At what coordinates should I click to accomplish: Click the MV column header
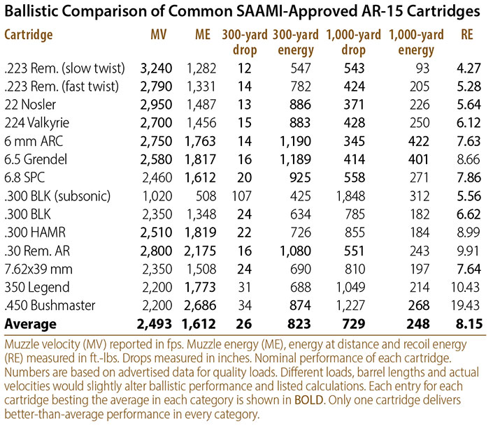(159, 34)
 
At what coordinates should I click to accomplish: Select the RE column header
(467, 34)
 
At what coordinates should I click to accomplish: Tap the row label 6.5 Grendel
(36, 159)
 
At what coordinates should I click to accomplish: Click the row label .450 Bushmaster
(50, 305)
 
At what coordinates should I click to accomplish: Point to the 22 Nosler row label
(30, 105)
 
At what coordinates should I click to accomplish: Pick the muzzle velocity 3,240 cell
(156, 68)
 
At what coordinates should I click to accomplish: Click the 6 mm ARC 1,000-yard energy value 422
(418, 141)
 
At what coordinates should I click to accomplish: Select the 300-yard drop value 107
(242, 196)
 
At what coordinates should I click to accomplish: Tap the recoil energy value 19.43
(466, 305)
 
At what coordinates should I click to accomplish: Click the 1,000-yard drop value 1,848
(350, 196)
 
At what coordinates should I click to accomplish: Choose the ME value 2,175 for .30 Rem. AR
(200, 251)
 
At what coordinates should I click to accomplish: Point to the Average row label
(31, 324)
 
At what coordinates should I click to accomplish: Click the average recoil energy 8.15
(469, 324)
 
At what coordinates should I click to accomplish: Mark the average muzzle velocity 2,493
(155, 324)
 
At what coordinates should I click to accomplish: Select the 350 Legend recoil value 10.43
(466, 287)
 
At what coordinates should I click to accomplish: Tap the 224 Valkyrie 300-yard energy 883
(300, 123)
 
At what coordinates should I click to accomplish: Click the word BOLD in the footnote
(309, 400)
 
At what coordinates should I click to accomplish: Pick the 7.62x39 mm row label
(38, 269)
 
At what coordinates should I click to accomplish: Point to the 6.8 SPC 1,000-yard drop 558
(354, 177)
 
